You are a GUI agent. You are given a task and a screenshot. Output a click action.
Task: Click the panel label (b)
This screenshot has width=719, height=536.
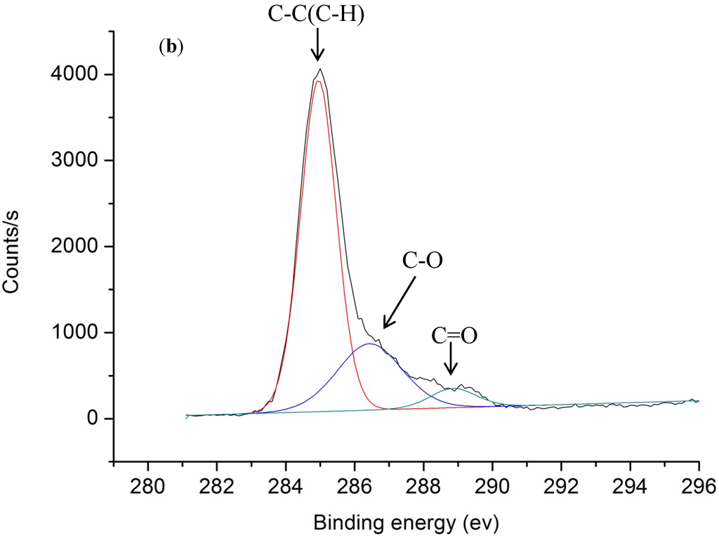[171, 48]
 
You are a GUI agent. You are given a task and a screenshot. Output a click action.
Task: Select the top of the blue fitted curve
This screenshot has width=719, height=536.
[370, 344]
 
